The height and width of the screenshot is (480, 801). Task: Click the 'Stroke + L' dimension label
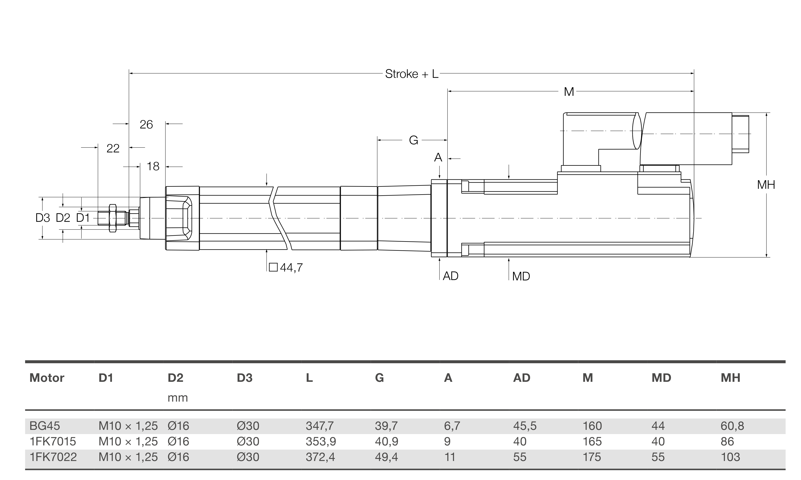pos(411,74)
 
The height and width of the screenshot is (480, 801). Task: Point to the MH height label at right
pos(766,185)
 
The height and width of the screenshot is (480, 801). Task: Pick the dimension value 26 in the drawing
pos(146,124)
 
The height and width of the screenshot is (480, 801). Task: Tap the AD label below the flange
pos(451,276)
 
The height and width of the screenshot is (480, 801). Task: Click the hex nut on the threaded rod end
pos(113,218)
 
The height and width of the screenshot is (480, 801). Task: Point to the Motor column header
pos(47,378)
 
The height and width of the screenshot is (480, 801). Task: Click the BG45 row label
pos(45,426)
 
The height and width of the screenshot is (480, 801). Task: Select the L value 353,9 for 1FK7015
pos(320,442)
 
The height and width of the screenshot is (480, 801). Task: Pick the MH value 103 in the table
pos(730,457)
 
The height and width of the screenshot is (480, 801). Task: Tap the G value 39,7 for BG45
pos(386,426)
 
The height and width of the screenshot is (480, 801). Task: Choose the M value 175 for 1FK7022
pos(592,457)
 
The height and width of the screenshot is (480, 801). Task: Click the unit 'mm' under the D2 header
pos(178,397)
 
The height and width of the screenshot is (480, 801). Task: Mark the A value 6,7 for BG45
pos(452,426)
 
